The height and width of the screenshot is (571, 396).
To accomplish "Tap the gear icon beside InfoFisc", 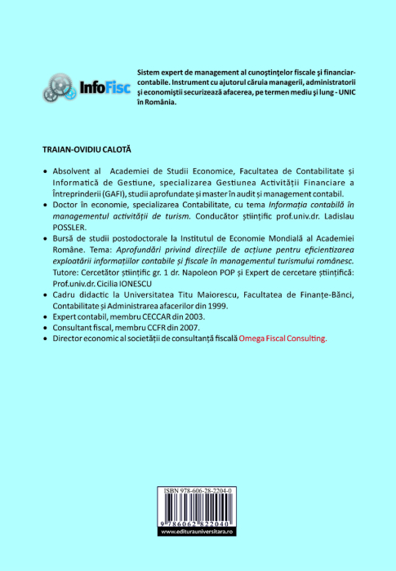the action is click(x=58, y=86).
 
